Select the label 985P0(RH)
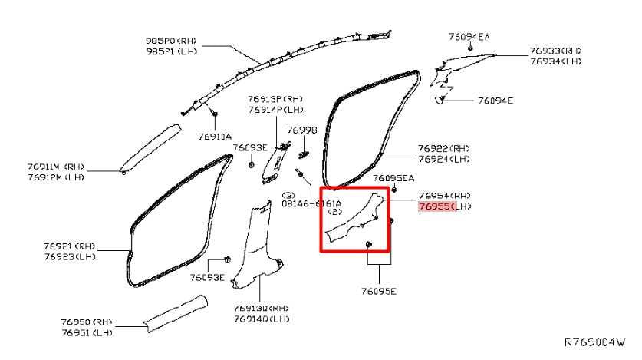click(171, 41)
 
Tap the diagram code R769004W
click(595, 342)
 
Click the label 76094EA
click(469, 36)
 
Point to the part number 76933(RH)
click(555, 51)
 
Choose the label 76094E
click(495, 101)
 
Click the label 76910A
click(215, 137)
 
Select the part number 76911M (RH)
click(56, 167)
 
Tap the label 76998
click(302, 130)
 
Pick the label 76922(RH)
click(444, 148)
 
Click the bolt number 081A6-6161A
click(311, 203)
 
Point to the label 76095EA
click(393, 178)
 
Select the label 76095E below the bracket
click(379, 291)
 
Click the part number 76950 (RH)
click(87, 322)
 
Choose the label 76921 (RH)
click(70, 246)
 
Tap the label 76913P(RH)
click(275, 99)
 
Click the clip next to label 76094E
click(439, 100)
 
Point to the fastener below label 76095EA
click(394, 190)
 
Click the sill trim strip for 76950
click(175, 314)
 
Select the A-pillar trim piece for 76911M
click(150, 149)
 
